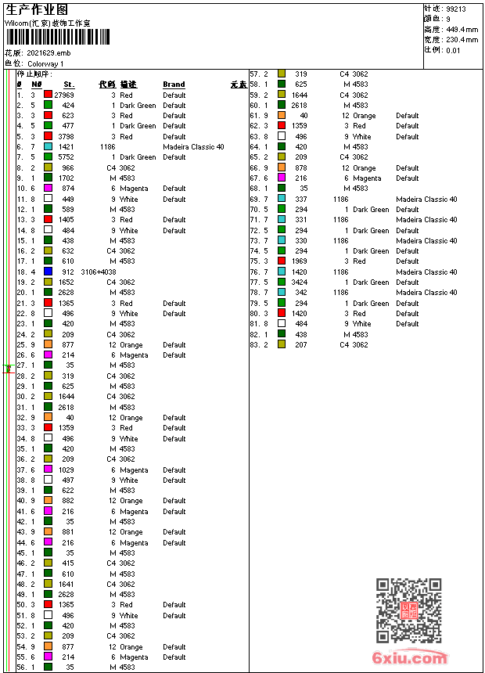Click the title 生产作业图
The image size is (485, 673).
tap(37, 9)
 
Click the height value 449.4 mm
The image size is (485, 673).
tap(462, 29)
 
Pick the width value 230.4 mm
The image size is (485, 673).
tap(462, 39)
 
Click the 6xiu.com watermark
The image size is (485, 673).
tap(410, 658)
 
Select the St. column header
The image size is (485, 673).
tap(69, 85)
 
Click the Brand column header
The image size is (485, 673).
tap(174, 85)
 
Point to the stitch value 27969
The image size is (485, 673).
tap(64, 95)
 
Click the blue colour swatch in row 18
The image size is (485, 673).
tap(48, 272)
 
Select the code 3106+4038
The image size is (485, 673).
tap(98, 272)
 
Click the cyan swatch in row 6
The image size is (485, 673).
tap(48, 147)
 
